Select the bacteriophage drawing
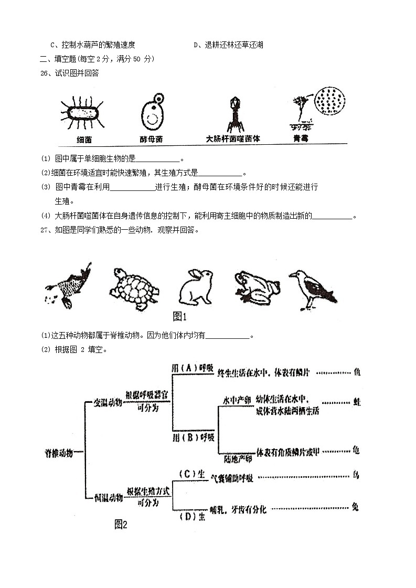coord(232,113)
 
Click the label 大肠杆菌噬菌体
coord(233,139)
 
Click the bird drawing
coord(312,288)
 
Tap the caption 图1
coord(180,316)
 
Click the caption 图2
coord(121,523)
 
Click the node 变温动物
coord(108,402)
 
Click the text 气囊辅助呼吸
coord(232,477)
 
